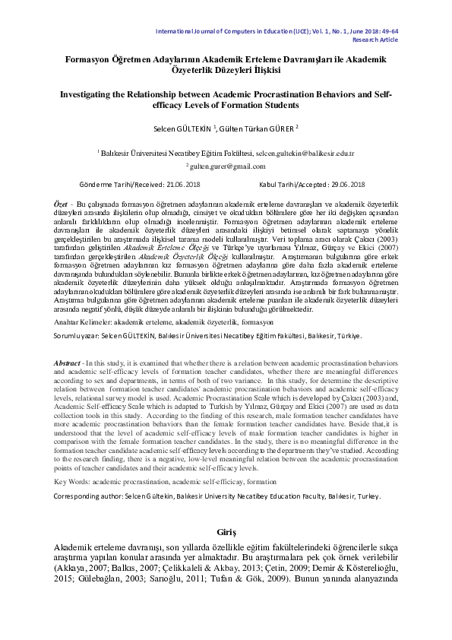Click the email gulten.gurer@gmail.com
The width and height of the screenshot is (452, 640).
223,165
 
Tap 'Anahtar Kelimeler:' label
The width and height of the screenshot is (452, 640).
83,323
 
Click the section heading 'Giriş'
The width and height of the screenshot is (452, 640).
226,534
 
